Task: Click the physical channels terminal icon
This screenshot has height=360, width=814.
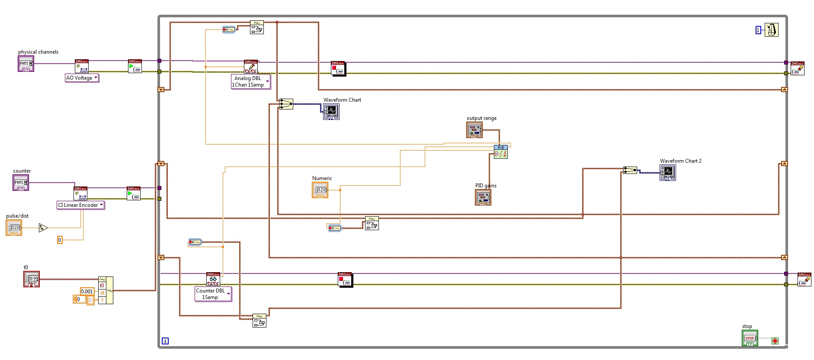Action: [26, 64]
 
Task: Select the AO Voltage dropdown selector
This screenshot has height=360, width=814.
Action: [82, 78]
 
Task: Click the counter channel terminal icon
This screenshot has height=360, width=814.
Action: [20, 183]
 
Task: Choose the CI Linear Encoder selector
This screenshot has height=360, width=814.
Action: [81, 205]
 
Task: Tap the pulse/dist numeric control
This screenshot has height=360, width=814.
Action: [14, 228]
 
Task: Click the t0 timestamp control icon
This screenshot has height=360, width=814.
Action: [32, 279]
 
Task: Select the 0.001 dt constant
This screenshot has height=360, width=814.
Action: [87, 291]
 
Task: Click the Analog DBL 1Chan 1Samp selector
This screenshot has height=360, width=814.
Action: [251, 81]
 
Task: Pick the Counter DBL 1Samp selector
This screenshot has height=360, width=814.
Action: [213, 294]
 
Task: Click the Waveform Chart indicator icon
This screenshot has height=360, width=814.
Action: [331, 112]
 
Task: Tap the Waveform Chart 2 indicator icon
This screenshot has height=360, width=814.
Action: [667, 173]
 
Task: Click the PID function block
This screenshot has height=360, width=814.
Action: [501, 152]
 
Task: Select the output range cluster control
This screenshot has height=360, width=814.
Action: [474, 130]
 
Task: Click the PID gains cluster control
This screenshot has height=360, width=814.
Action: [483, 197]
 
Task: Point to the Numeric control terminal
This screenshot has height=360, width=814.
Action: [320, 190]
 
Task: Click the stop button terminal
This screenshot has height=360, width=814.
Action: [750, 338]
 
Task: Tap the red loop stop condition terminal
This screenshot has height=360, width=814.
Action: [775, 341]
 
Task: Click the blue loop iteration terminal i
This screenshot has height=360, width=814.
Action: [165, 341]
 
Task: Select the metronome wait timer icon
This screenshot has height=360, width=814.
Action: [771, 30]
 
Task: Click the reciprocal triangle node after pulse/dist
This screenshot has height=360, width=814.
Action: [43, 228]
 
